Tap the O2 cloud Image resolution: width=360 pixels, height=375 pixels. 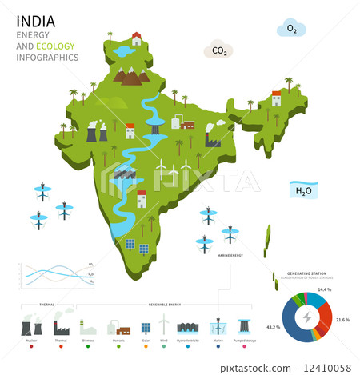[x=291, y=30]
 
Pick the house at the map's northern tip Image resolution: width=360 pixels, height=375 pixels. [x=137, y=38]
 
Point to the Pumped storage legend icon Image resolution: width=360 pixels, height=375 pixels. [x=244, y=325]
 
